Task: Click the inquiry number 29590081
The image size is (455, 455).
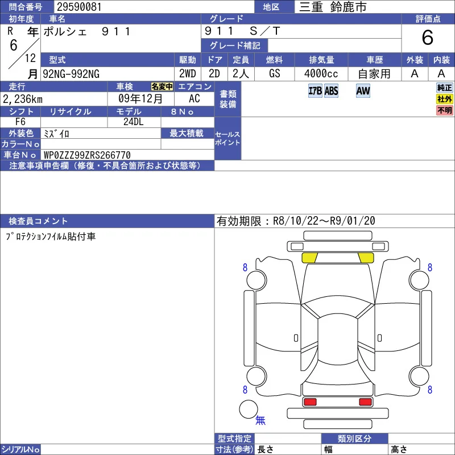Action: [x=79, y=7]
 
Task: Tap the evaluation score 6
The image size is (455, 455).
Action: [x=428, y=38]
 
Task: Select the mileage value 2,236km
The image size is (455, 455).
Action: [x=23, y=99]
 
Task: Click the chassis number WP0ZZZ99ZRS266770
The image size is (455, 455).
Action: [x=87, y=155]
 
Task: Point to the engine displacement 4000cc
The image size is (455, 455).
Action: [x=321, y=74]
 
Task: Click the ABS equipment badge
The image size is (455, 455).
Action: [x=331, y=91]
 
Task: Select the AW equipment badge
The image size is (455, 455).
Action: [x=363, y=91]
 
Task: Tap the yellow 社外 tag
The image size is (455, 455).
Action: [x=445, y=99]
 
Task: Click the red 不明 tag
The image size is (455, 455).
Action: [x=445, y=110]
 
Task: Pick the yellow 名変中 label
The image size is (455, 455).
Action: [x=162, y=86]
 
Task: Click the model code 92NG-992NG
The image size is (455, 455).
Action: [x=71, y=74]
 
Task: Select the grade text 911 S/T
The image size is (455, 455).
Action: [x=242, y=31]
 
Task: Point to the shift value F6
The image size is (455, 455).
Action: [x=20, y=122]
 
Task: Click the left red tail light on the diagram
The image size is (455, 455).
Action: [x=310, y=402]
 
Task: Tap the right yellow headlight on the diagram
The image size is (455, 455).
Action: [x=366, y=258]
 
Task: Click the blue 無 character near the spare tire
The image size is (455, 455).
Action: [x=260, y=420]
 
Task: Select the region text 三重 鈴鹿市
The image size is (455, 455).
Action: [x=333, y=7]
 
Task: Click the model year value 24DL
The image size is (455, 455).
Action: [x=134, y=122]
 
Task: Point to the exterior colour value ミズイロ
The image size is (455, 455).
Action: [x=56, y=134]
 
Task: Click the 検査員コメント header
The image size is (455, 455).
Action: [x=38, y=221]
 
